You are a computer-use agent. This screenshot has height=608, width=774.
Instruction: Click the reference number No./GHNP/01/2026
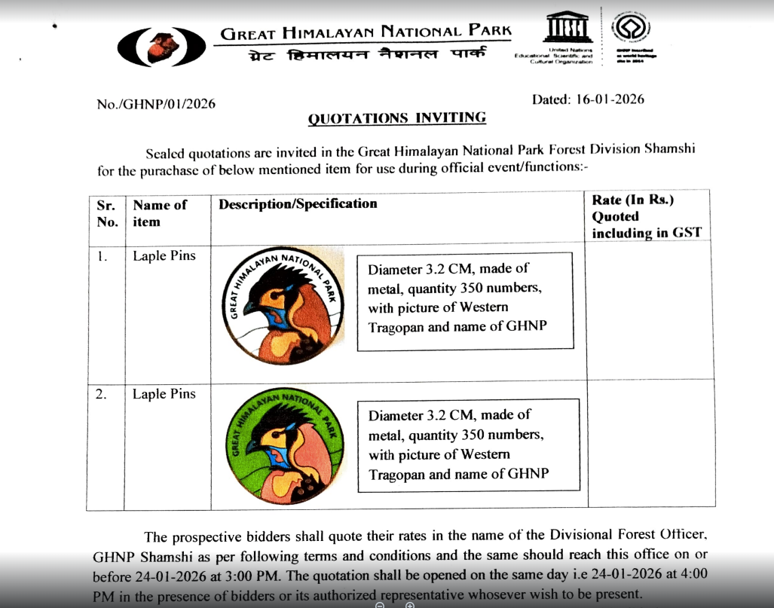click(156, 104)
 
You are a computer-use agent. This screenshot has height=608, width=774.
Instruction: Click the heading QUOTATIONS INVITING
click(397, 118)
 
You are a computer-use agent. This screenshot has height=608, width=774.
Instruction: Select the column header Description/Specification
click(298, 204)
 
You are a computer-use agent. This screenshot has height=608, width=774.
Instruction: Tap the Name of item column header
click(160, 213)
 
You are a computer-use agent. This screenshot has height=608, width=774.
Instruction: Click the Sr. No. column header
click(108, 213)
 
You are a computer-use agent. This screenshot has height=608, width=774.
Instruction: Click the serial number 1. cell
click(102, 256)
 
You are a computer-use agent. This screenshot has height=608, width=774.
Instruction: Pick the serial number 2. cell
click(102, 394)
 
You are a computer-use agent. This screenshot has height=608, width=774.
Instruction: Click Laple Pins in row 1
click(164, 256)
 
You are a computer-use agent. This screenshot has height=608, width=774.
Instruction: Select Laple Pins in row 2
click(164, 394)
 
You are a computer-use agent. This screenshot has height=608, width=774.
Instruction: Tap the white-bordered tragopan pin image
click(285, 304)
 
